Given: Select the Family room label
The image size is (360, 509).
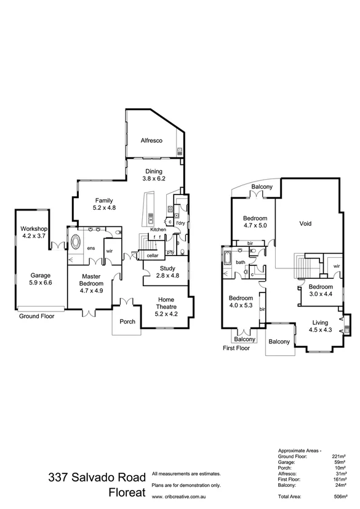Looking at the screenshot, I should point(104,204).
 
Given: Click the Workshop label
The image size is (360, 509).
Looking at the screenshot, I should point(33,231).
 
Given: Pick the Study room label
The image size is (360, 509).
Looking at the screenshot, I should point(168,272).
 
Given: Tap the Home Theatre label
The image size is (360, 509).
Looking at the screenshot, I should point(167,306).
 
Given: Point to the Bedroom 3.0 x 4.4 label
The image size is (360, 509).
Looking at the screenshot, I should point(320,291).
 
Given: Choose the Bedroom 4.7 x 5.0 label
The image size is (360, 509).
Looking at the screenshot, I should point(255,222).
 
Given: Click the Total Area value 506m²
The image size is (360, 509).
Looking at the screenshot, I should point(340,495).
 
